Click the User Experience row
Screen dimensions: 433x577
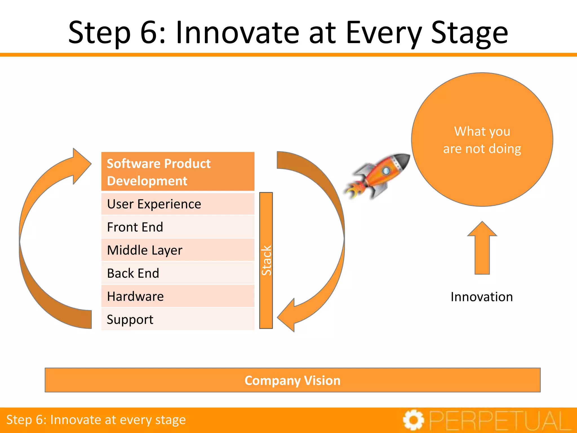pos(177,204)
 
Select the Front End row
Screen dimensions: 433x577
pos(177,227)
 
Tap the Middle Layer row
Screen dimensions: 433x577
pos(177,250)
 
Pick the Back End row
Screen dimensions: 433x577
pos(177,273)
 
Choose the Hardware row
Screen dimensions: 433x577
pos(177,296)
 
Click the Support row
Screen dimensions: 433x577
pos(177,319)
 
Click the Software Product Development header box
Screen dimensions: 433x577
pos(177,172)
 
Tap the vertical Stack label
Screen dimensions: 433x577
pos(266,260)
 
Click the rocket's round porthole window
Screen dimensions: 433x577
pos(386,171)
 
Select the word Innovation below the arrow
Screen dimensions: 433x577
pos(481,297)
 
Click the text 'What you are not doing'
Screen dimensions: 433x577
pos(482,140)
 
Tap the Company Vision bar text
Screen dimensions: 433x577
pos(292,380)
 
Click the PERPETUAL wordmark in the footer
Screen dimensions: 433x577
pos(500,420)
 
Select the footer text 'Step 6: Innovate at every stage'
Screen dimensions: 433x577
pos(96,420)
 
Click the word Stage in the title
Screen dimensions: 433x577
pos(469,33)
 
